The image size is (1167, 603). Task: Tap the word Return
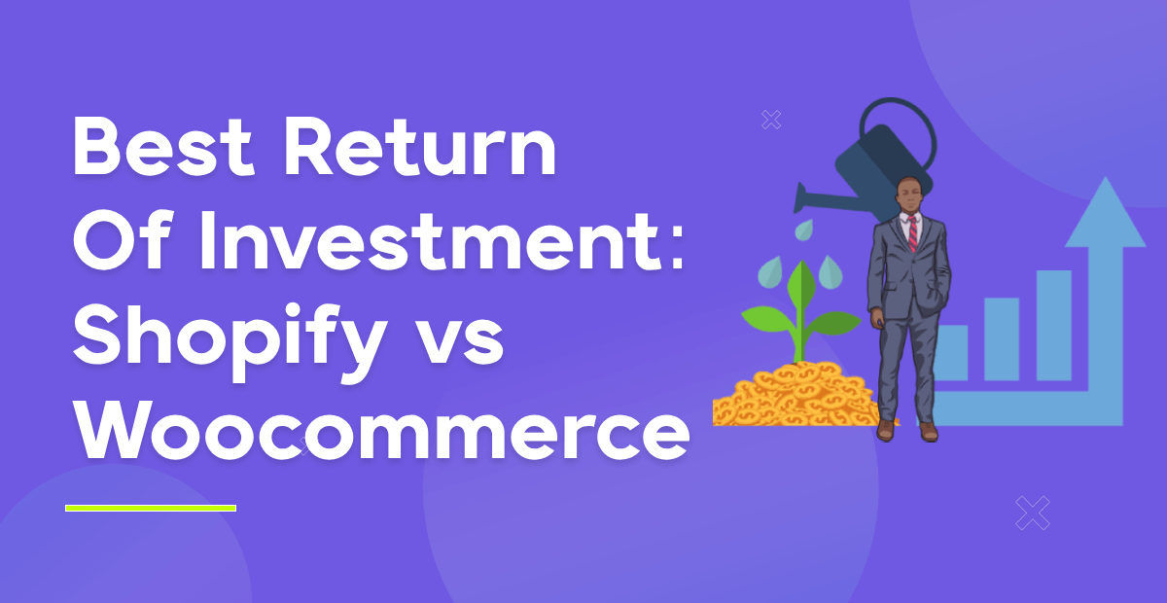tap(420, 145)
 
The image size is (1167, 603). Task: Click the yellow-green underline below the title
tap(151, 508)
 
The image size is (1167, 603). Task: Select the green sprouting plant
tap(800, 311)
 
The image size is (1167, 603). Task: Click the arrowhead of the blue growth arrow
tap(1105, 214)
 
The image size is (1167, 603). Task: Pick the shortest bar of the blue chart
tap(951, 351)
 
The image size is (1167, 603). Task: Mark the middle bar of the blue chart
tap(1002, 337)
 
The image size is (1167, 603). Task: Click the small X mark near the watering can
tap(771, 120)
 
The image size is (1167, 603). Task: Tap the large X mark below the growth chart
tap(1033, 513)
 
